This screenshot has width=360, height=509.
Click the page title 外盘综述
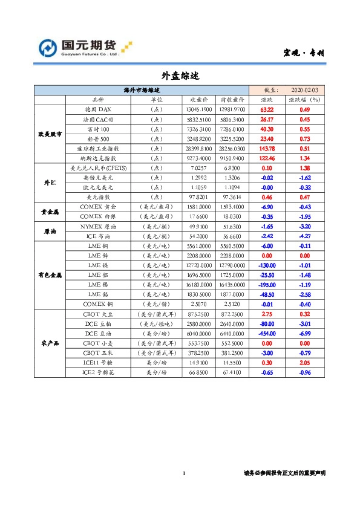[180, 76]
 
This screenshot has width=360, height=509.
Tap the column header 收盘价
[200, 100]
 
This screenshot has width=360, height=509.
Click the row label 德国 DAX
[97, 109]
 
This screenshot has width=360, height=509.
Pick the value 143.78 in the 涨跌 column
[267, 148]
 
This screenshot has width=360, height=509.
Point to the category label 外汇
[49, 182]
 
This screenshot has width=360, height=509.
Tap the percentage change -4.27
[305, 236]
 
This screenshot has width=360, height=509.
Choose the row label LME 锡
[97, 284]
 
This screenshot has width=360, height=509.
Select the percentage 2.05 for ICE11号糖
[305, 363]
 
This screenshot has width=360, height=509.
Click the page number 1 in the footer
[183, 473]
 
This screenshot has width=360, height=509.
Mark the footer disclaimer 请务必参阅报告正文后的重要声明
[284, 473]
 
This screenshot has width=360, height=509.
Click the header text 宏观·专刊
[304, 53]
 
